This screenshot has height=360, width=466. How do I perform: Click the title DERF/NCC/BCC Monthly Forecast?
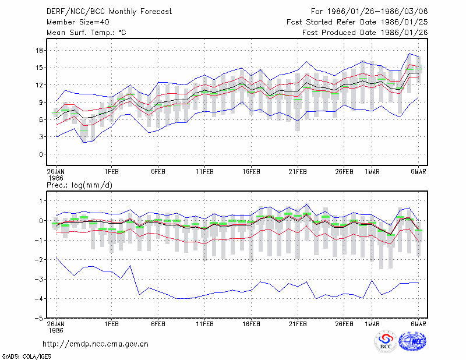click(x=109, y=12)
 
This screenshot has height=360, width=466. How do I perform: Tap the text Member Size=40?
click(x=78, y=22)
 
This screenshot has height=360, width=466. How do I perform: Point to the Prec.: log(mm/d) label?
click(x=79, y=185)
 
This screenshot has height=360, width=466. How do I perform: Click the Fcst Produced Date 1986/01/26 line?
click(x=365, y=33)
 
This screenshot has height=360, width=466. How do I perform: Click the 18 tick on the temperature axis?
click(x=39, y=50)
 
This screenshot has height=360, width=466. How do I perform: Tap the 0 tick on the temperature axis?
click(x=41, y=154)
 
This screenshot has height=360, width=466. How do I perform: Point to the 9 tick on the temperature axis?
click(x=41, y=103)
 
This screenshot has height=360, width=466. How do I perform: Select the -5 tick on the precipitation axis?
click(x=38, y=318)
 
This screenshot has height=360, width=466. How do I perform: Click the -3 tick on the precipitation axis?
click(x=38, y=279)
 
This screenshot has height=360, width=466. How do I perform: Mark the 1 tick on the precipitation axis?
click(x=41, y=201)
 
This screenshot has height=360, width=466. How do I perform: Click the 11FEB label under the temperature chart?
click(x=205, y=172)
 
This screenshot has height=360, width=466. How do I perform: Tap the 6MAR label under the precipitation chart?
click(x=418, y=324)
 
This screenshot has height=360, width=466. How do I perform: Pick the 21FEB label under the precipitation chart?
click(x=298, y=324)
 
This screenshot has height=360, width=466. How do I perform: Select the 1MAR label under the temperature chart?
click(x=372, y=172)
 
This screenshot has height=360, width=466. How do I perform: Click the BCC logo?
click(x=386, y=341)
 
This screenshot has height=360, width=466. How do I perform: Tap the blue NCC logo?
click(x=412, y=341)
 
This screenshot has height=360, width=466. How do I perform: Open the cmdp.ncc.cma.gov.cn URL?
click(x=96, y=344)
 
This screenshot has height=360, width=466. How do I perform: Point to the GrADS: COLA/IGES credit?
click(x=27, y=357)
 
